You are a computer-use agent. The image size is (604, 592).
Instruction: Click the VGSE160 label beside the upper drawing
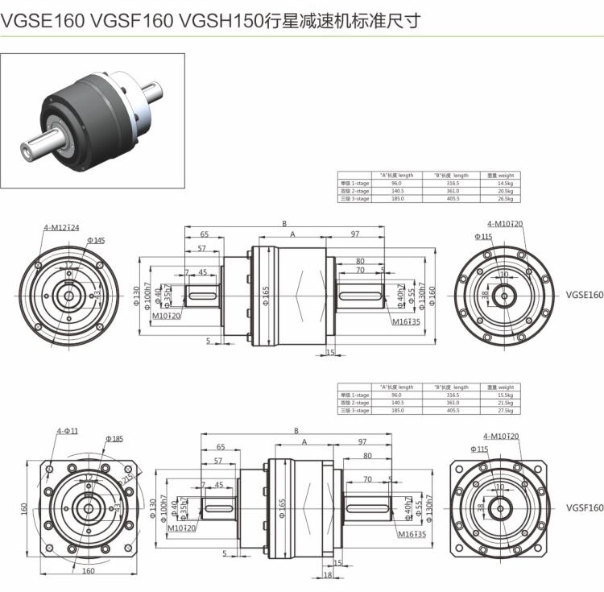tap(584, 295)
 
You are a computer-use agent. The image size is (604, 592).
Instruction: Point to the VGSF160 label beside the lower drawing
tap(584, 507)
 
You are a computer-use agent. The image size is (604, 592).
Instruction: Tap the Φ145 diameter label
tap(96, 240)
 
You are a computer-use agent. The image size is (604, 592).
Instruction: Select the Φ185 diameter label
tap(114, 439)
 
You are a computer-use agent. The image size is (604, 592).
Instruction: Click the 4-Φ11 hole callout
tap(67, 431)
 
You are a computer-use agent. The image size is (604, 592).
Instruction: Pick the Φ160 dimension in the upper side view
tap(432, 295)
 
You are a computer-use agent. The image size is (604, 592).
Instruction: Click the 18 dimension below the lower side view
tap(327, 575)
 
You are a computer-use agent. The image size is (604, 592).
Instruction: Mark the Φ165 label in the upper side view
tap(266, 296)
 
